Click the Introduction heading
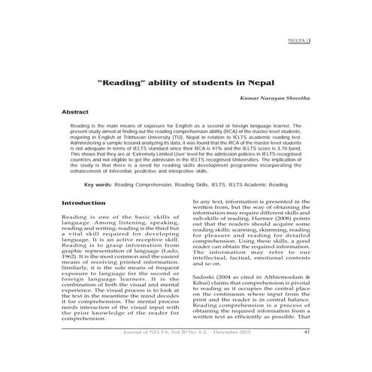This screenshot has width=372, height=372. pyautogui.click(x=83, y=203)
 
